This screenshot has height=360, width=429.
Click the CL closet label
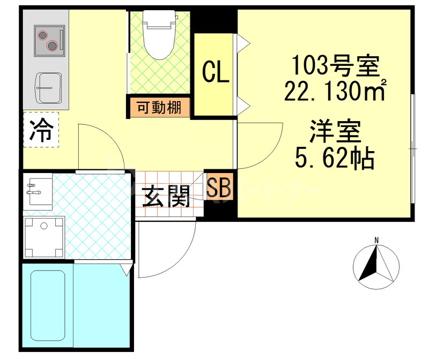point(216,73)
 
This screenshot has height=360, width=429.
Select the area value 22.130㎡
point(335,91)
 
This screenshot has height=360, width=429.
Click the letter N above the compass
point(376,240)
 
